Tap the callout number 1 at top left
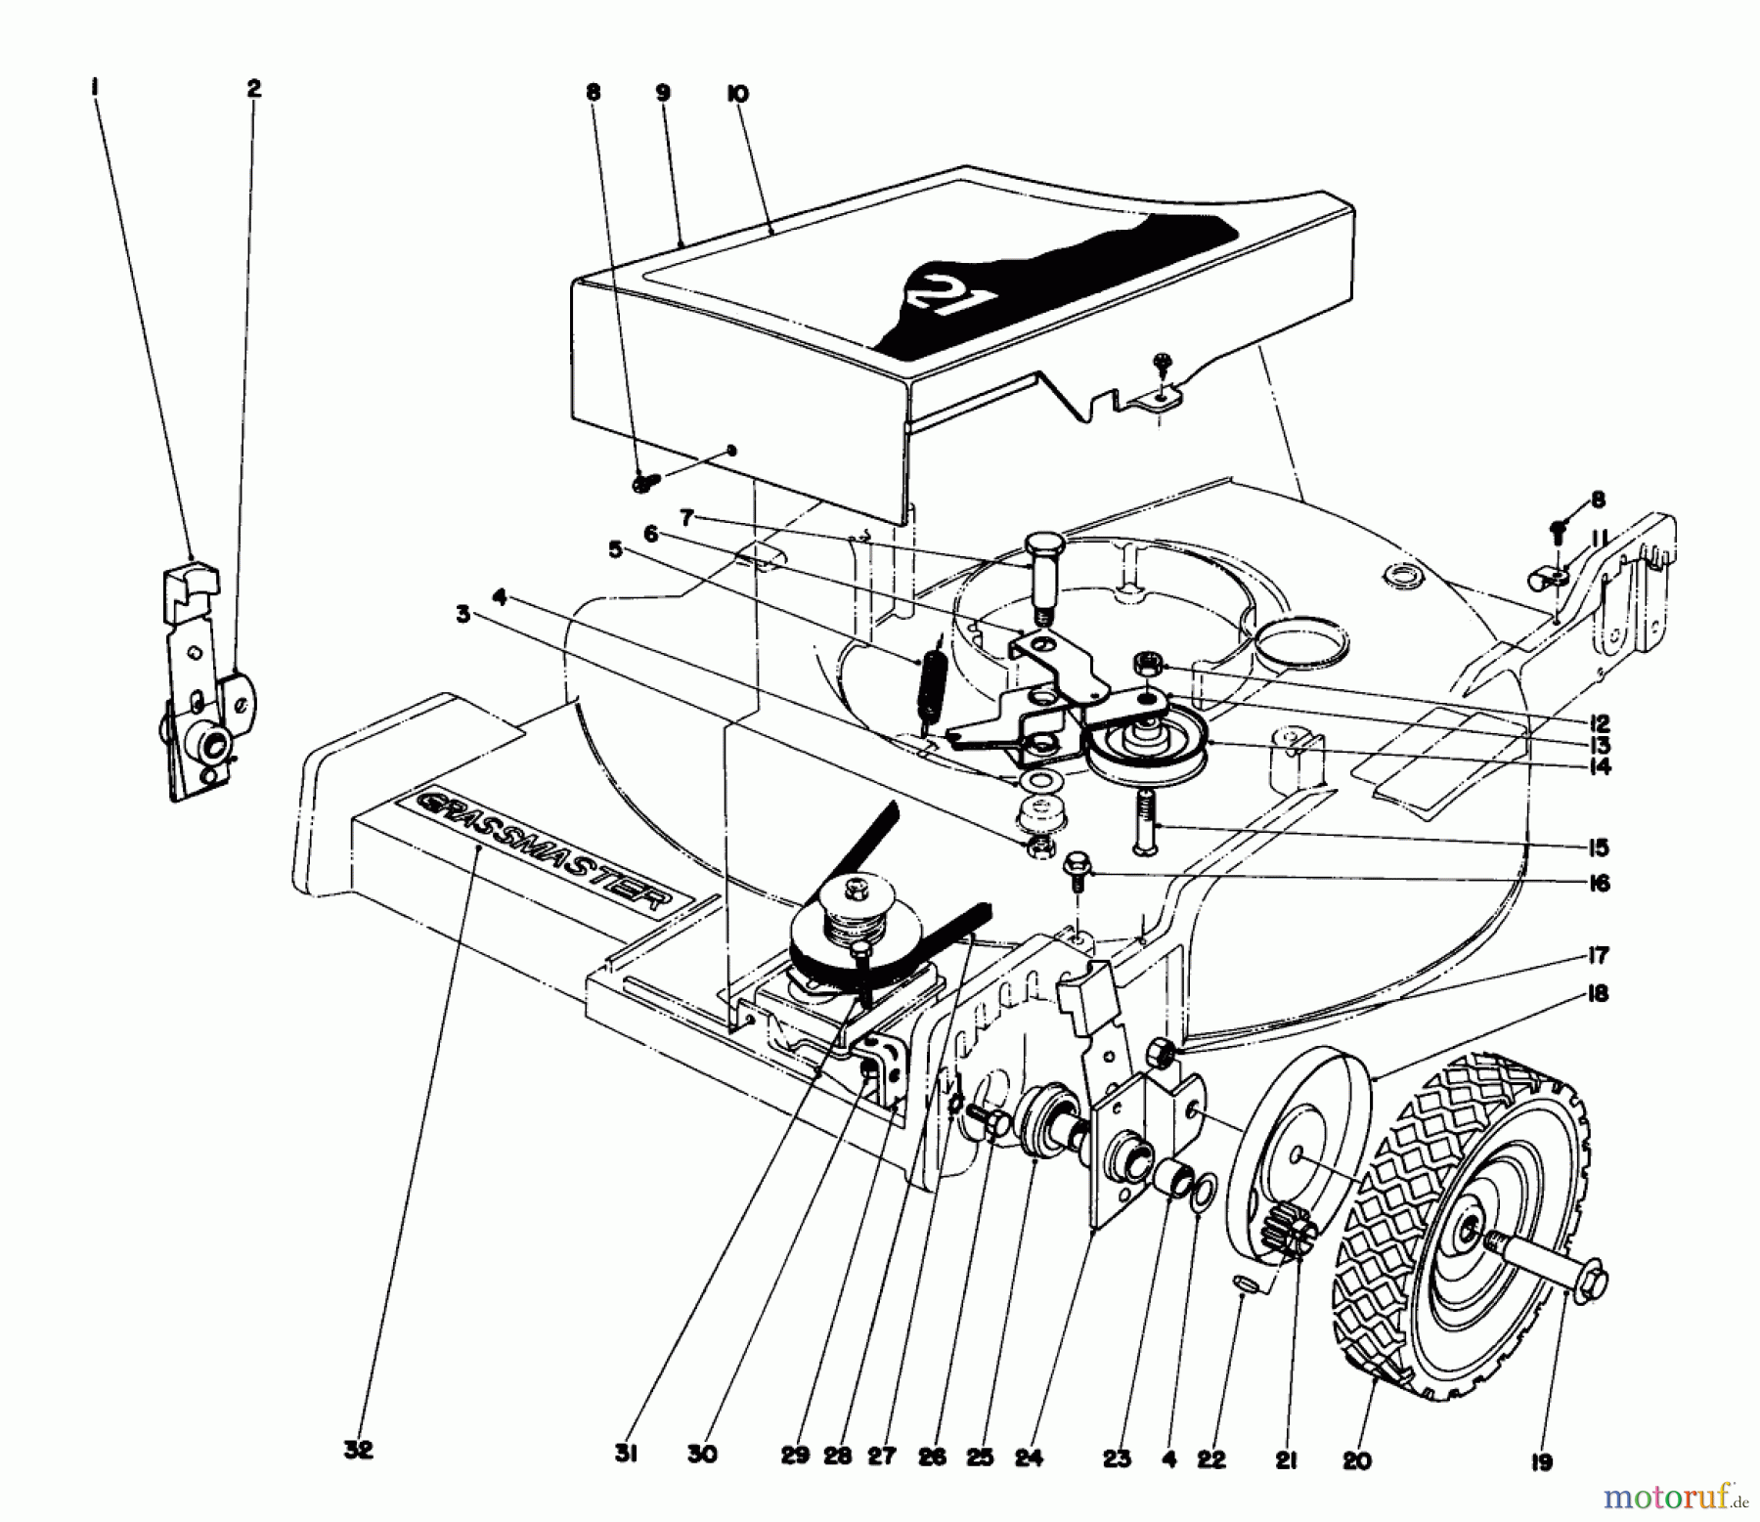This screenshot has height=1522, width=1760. click(x=95, y=89)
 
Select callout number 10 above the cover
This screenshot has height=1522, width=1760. click(x=737, y=95)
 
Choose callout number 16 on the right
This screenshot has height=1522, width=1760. click(x=1599, y=884)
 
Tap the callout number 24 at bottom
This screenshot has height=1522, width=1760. click(x=1029, y=1458)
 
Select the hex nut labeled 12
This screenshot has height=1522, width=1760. click(x=1143, y=665)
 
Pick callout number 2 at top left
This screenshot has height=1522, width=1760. click(x=253, y=89)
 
